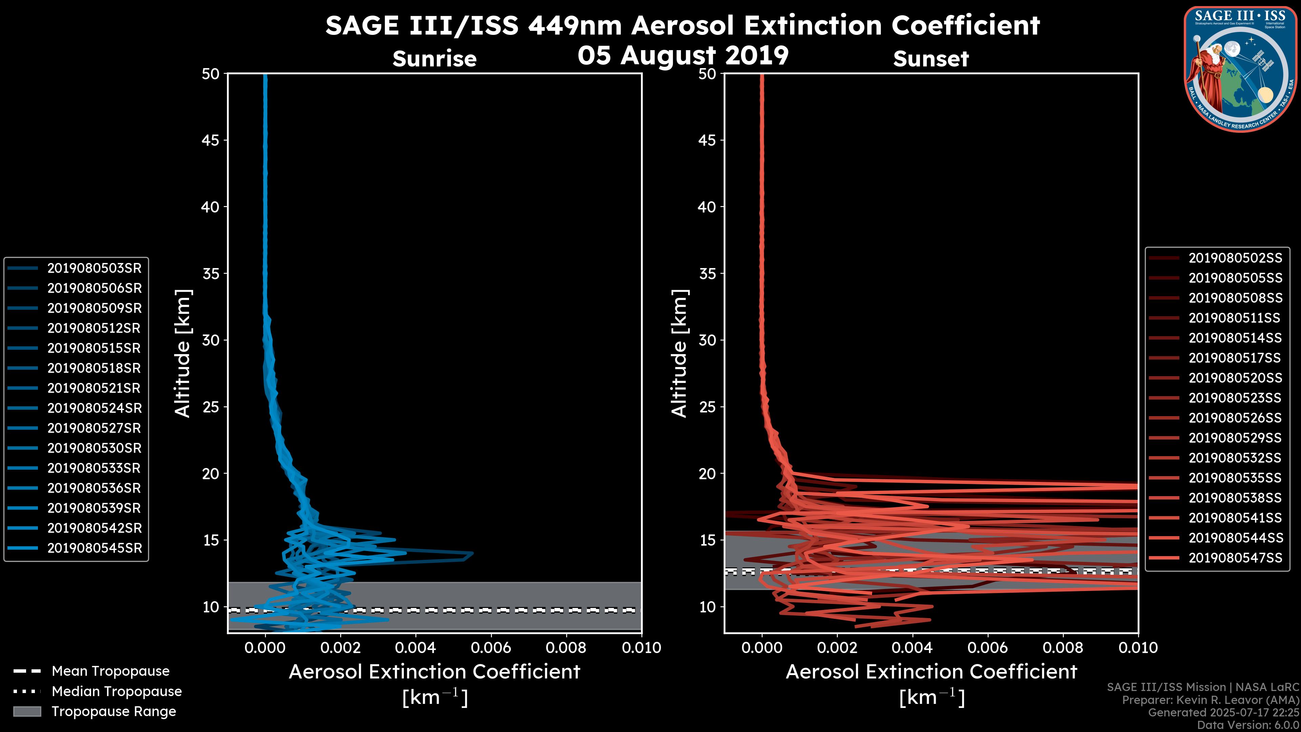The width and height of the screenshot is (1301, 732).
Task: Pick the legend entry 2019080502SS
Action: [x=1235, y=258]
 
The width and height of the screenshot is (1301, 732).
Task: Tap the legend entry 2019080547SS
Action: [x=1235, y=558]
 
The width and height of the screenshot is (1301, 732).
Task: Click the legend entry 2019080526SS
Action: [x=1235, y=418]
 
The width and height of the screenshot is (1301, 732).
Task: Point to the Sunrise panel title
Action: [x=434, y=59]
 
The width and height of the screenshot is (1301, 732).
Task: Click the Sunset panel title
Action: [x=931, y=59]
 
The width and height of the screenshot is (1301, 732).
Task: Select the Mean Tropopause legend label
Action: [x=110, y=671]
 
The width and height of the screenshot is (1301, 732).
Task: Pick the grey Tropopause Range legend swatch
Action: [x=27, y=712]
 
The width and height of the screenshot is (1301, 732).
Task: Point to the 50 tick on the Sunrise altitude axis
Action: [x=211, y=74]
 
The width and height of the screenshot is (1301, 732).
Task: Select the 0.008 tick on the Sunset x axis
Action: [x=1063, y=648]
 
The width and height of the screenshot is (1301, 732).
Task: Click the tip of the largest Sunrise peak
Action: [x=473, y=554]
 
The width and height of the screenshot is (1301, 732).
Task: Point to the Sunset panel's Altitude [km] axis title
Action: [x=679, y=353]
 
